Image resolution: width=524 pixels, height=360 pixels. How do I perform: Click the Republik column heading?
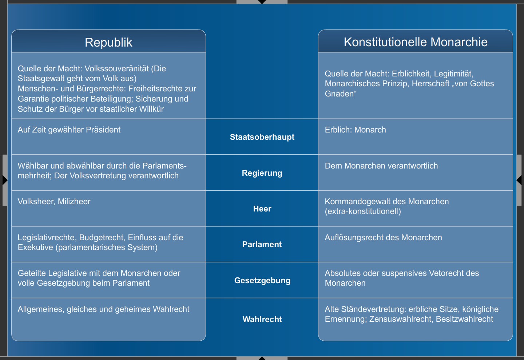point(108,42)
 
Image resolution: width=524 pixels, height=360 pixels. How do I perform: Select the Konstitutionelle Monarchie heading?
point(416,42)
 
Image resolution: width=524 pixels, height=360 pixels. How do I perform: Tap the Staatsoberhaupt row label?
point(262,137)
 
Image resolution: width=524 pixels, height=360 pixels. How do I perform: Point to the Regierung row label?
point(262,173)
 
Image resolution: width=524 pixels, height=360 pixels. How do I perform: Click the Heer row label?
point(262,209)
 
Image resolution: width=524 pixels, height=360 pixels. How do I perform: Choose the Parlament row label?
point(262,244)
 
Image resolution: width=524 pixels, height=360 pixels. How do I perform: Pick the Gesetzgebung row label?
point(262,280)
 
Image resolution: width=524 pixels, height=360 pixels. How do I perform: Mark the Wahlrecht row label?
point(262,319)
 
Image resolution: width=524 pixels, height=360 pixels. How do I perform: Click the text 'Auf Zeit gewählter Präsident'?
point(69,130)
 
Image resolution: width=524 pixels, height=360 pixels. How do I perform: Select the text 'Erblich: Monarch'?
point(355,130)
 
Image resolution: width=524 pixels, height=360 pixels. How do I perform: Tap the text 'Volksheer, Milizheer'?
point(54,201)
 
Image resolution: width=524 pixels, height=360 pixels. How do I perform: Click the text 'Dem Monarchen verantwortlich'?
point(381,166)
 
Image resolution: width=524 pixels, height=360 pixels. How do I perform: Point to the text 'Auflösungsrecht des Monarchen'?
point(383,237)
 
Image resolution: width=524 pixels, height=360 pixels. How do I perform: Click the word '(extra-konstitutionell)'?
point(363,211)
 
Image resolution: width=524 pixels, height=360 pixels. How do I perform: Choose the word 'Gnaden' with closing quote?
point(341,94)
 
